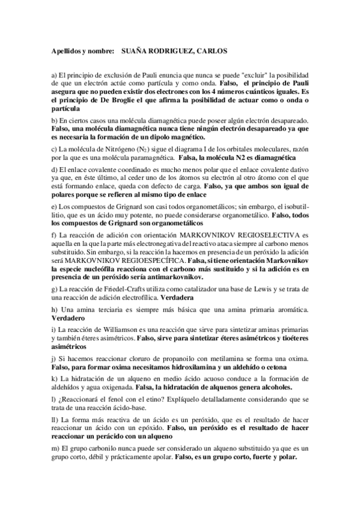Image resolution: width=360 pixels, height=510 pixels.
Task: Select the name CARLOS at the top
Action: point(208,53)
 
